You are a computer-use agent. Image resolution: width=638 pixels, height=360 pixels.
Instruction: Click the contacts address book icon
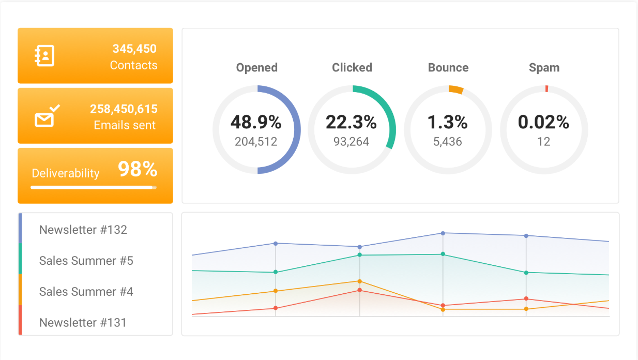[44, 56]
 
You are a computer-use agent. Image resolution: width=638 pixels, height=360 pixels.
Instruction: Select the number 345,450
[134, 49]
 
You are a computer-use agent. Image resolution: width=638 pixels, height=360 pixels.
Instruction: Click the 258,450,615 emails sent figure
[124, 109]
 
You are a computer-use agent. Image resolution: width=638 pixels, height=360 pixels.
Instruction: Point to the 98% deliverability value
[138, 170]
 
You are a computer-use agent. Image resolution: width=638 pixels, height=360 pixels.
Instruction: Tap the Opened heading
[256, 68]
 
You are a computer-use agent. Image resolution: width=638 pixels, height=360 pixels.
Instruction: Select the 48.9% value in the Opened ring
[256, 123]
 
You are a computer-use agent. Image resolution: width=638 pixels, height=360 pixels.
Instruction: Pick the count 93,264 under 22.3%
[351, 142]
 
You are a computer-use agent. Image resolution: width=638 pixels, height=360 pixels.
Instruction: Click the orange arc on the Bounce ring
[455, 89]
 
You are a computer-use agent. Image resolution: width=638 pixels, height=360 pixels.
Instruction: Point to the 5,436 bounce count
[447, 142]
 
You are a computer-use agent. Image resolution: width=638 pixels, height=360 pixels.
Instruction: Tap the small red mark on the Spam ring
[546, 89]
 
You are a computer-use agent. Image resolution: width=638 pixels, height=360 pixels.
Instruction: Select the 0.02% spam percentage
[543, 123]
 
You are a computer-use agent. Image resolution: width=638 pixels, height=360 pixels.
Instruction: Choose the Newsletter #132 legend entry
[83, 230]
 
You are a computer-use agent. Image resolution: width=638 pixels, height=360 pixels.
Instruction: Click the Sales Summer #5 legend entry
[86, 261]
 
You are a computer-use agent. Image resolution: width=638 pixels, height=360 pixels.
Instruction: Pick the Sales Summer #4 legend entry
[86, 292]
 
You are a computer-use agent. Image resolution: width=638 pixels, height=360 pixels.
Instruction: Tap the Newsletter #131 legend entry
[83, 323]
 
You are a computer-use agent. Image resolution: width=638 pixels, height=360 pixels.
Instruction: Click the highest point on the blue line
[443, 233]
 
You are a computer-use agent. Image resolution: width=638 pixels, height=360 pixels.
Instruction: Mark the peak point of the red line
[359, 290]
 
